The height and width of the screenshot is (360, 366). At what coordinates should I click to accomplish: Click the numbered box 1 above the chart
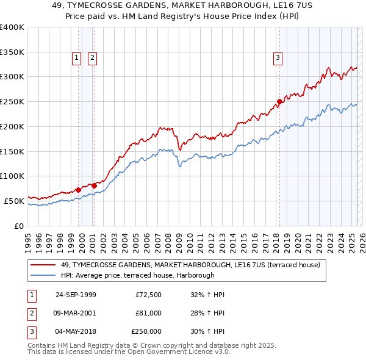77,58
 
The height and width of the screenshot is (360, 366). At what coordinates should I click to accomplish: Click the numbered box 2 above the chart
91,58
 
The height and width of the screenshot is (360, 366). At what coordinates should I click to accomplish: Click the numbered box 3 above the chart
278,58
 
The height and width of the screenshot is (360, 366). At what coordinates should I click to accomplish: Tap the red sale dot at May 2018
279,101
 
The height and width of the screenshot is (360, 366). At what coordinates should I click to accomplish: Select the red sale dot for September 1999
79,190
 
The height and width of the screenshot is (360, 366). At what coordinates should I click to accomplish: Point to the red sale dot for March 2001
94,185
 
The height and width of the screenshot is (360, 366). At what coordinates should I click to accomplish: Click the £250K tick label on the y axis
12,101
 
